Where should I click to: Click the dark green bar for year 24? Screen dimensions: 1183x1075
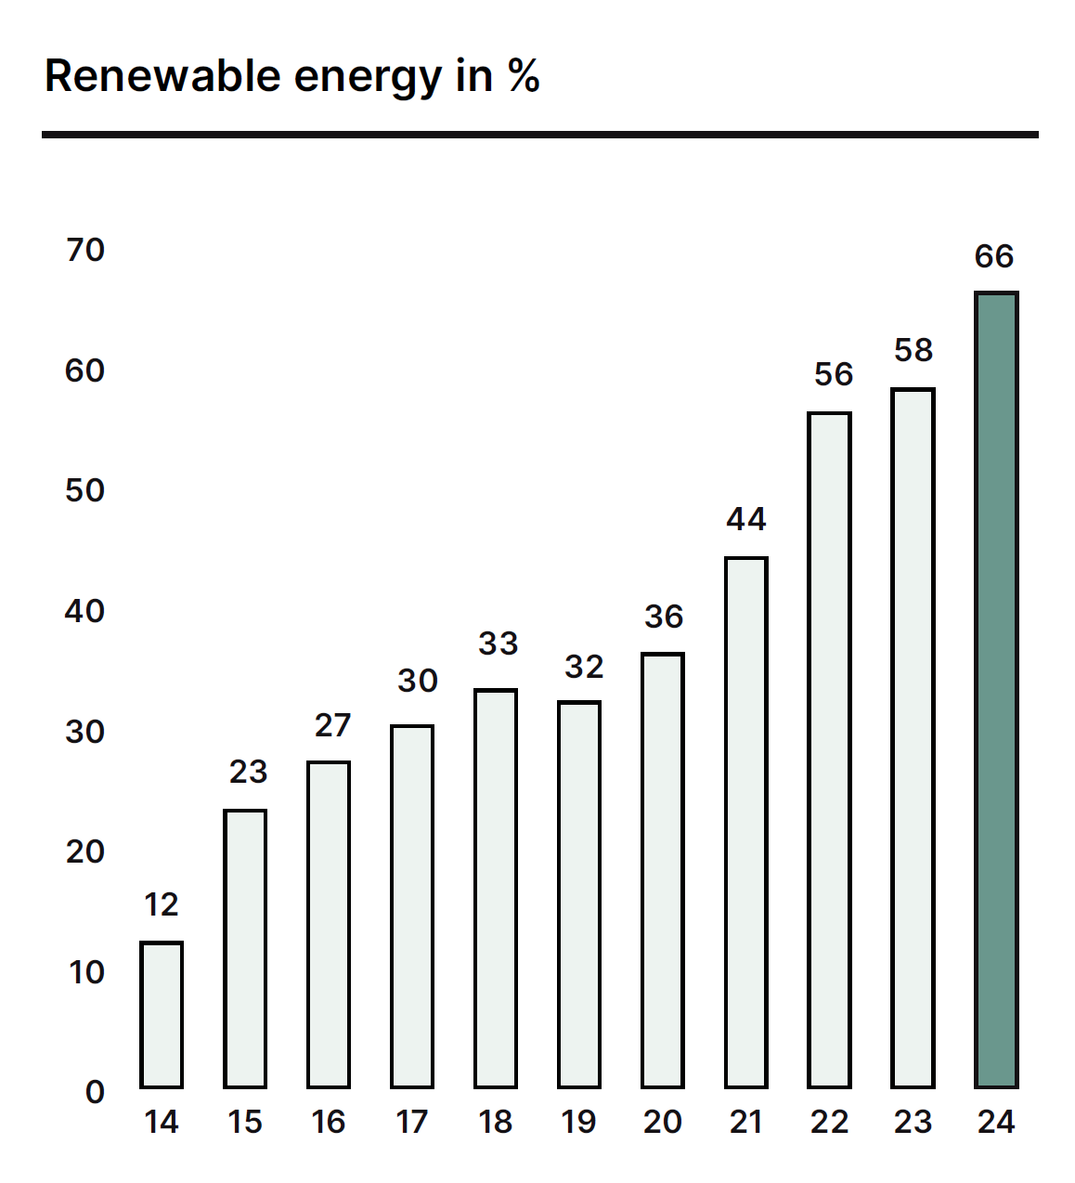point(996,689)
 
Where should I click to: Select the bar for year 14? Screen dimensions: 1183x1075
point(162,1014)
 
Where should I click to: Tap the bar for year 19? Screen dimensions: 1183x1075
point(579,894)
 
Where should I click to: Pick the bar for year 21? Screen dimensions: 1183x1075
point(746,822)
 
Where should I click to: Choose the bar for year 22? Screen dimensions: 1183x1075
point(829,749)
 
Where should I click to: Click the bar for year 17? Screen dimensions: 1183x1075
point(412,906)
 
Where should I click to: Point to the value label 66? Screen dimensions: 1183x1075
point(994,256)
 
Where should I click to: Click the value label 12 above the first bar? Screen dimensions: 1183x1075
point(162,904)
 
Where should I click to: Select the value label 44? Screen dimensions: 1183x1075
point(746,519)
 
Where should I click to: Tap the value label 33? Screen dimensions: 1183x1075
point(498,643)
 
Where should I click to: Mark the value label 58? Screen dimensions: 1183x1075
point(913,350)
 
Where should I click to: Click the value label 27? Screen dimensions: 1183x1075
point(332,725)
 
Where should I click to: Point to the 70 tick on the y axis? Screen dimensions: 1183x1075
point(85,250)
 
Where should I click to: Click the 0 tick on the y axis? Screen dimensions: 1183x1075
point(95,1092)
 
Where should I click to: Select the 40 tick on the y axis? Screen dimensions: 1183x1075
point(85,611)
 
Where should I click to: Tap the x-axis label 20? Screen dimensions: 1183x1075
point(663,1122)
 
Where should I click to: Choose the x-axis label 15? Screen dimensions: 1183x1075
point(245,1122)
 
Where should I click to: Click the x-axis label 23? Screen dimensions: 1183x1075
point(913,1122)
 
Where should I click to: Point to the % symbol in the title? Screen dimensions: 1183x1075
point(524,76)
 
